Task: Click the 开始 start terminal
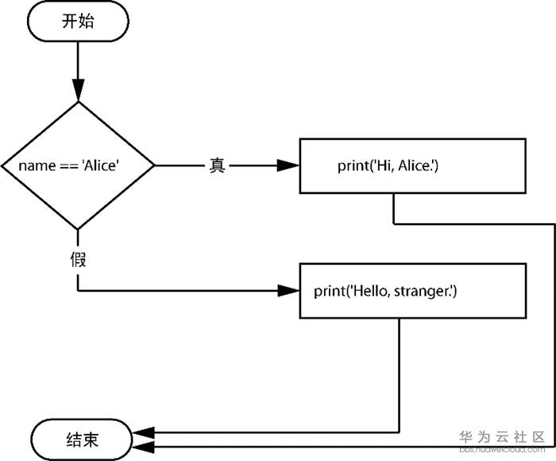pyautogui.click(x=78, y=22)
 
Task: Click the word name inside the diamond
pyautogui.click(x=35, y=165)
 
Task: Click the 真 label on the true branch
pyautogui.click(x=217, y=165)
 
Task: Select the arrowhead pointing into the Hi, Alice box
pyautogui.click(x=288, y=165)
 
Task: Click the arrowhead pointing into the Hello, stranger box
pyautogui.click(x=288, y=291)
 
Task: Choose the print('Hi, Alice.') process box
pyautogui.click(x=411, y=165)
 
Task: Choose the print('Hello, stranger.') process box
pyautogui.click(x=411, y=291)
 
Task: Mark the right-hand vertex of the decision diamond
pyautogui.click(x=154, y=165)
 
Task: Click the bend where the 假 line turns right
pyautogui.click(x=78, y=291)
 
